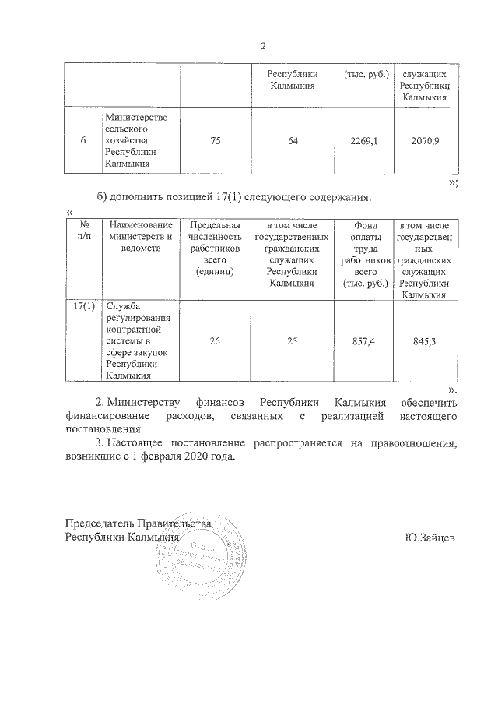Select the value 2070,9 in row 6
[424, 140]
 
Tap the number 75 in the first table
[216, 140]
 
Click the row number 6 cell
[83, 140]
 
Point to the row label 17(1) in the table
[83, 306]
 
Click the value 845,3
[424, 340]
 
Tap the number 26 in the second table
[216, 340]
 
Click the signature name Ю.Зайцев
[430, 538]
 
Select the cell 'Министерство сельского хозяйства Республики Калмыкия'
[141, 140]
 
